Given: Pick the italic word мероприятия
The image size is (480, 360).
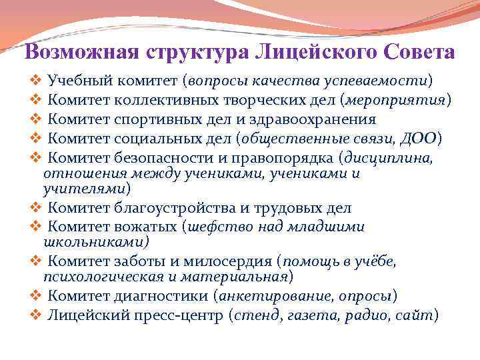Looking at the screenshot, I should click(x=398, y=100).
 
